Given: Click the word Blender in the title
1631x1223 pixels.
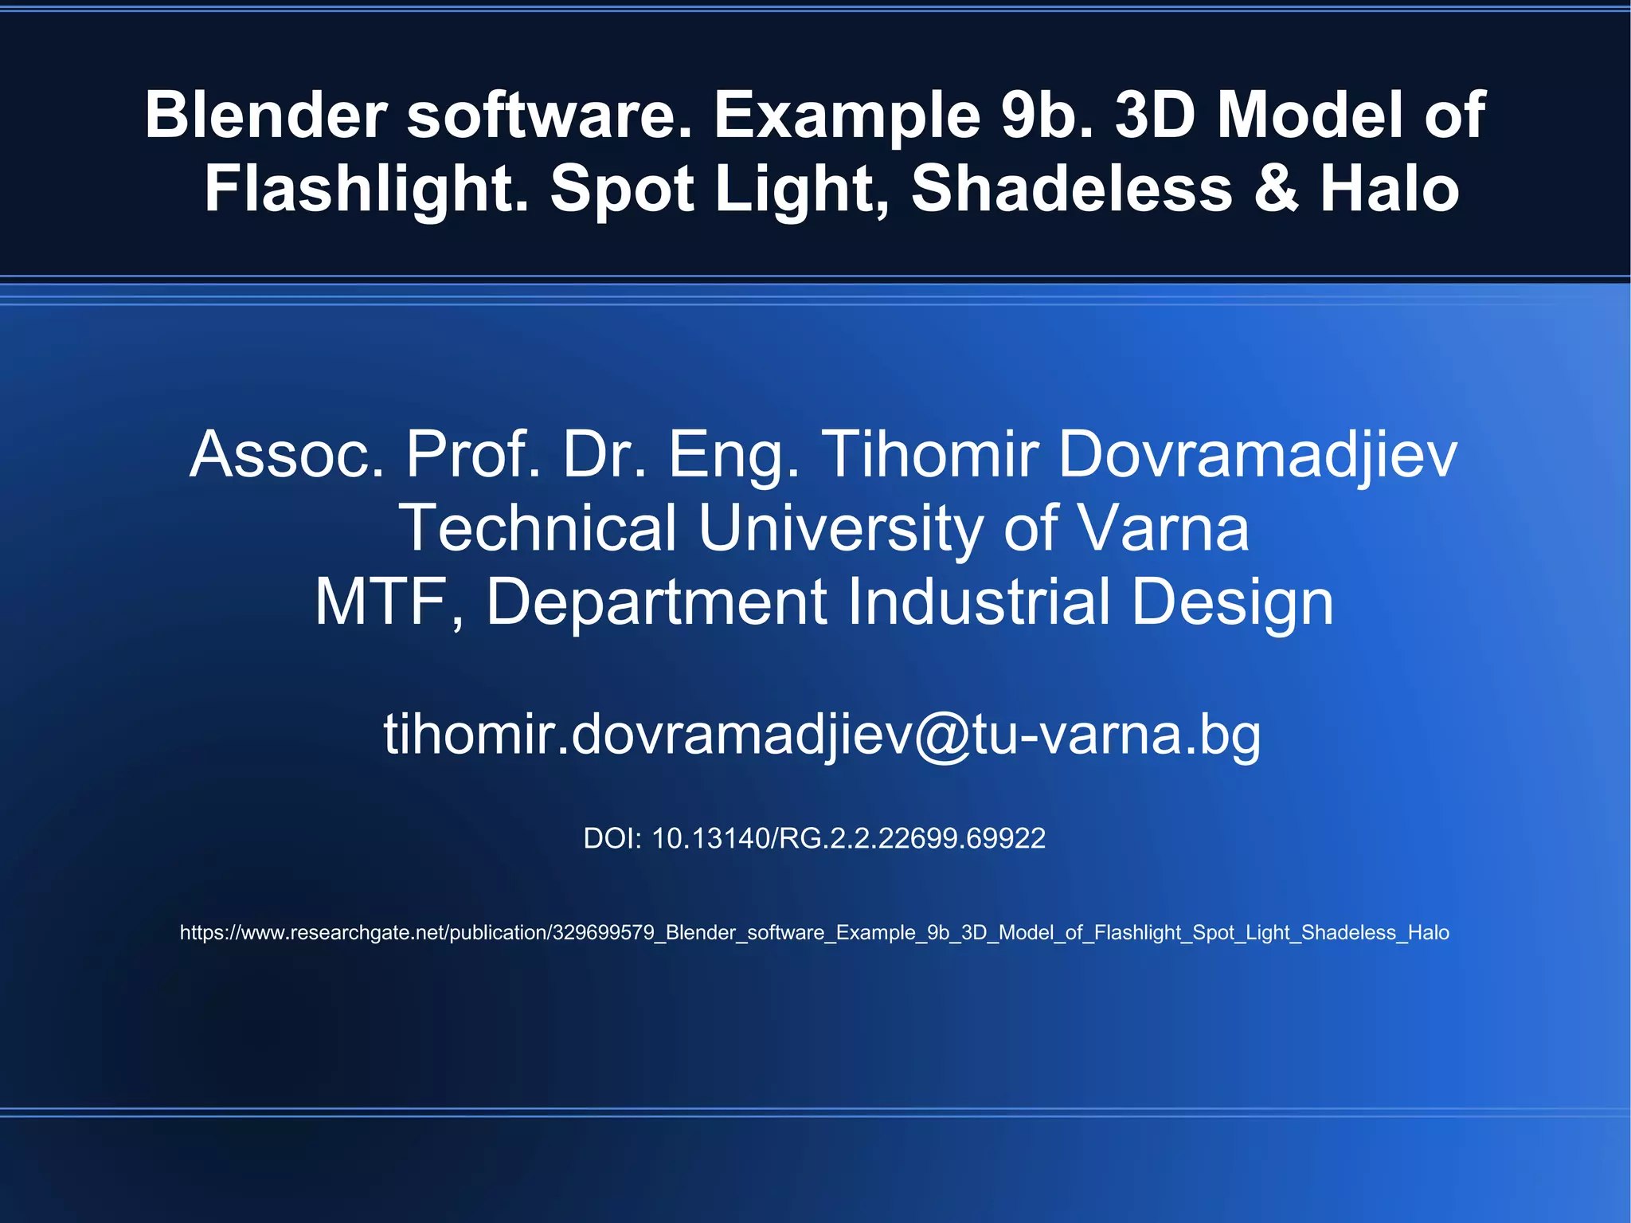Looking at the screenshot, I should point(265,115).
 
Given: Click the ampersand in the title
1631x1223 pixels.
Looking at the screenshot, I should point(1275,189).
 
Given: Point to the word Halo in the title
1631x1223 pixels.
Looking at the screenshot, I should point(1390,189).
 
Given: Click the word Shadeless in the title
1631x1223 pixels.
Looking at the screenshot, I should point(1071,189).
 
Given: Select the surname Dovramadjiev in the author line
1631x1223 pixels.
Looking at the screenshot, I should point(1257,455).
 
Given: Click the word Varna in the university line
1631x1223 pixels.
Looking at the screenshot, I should point(1163,528).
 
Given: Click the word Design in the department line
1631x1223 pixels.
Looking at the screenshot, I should point(1232,602).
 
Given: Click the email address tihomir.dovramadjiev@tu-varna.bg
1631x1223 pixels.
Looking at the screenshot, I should point(822,735).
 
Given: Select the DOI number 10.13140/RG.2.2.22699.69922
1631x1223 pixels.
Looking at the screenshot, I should point(848,838).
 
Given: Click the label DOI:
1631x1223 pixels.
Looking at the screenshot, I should point(612,838).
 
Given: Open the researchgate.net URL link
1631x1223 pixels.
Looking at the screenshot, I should point(814,932).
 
